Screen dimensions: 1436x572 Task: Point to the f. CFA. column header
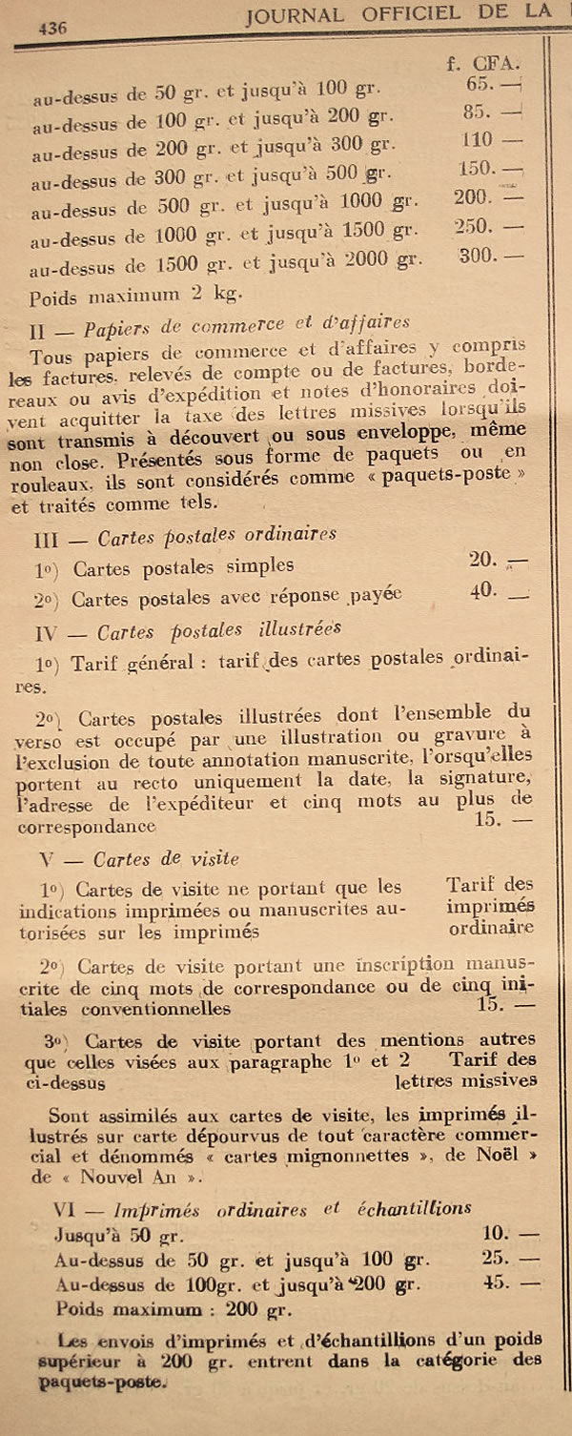[482, 64]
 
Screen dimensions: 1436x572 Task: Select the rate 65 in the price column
[477, 85]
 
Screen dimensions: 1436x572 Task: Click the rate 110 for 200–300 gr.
[479, 140]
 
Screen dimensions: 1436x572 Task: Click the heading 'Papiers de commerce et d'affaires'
[247, 324]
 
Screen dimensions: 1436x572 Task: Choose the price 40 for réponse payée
[483, 590]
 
